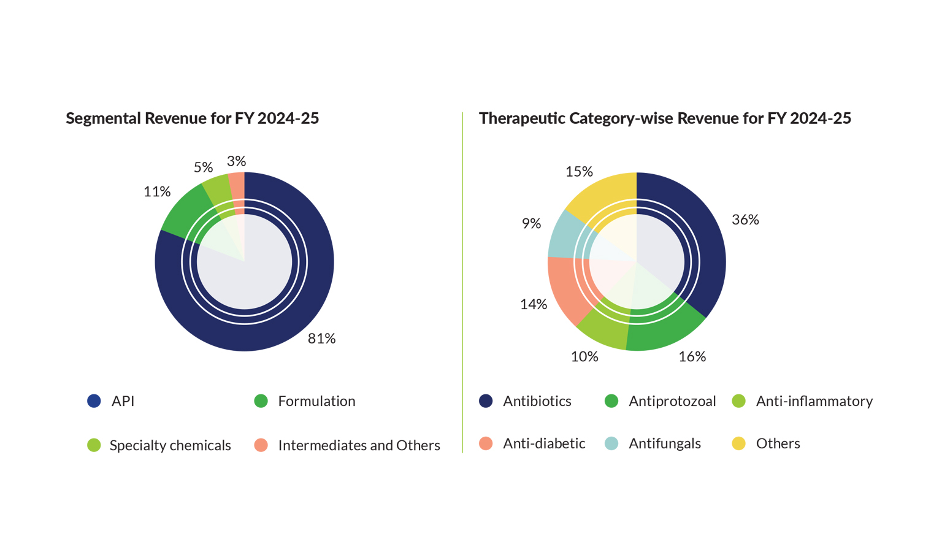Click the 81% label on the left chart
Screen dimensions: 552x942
pos(321,339)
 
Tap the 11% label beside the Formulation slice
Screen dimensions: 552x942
pos(157,192)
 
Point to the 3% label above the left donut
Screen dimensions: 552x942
pos(236,161)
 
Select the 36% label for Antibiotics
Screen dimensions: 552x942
pos(745,220)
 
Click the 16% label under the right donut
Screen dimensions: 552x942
pos(692,356)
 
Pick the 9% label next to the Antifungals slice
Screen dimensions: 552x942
pos(531,224)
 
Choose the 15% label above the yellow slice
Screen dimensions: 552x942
pos(579,172)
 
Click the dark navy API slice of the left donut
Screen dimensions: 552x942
pos(307,294)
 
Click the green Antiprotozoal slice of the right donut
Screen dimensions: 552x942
pos(662,331)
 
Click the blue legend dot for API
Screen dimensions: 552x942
pos(94,401)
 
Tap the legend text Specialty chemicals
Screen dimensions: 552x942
pos(170,445)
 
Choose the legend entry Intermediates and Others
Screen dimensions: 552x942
pos(359,445)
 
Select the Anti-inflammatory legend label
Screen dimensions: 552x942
pos(814,401)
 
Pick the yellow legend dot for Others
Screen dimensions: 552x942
pos(739,443)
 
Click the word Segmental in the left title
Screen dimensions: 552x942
pos(103,118)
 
